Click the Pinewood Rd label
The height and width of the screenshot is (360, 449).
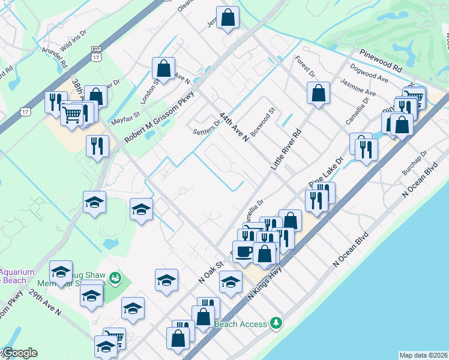pyautogui.click(x=381, y=59)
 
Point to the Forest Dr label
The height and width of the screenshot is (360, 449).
pyautogui.click(x=305, y=67)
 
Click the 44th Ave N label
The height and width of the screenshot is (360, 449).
pyautogui.click(x=234, y=126)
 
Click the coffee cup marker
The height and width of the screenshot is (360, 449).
pyautogui.click(x=243, y=252)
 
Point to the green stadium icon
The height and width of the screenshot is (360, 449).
pyautogui.click(x=116, y=277)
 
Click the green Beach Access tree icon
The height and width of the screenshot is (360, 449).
pyautogui.click(x=276, y=323)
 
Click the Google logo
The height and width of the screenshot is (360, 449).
pyautogui.click(x=20, y=353)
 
